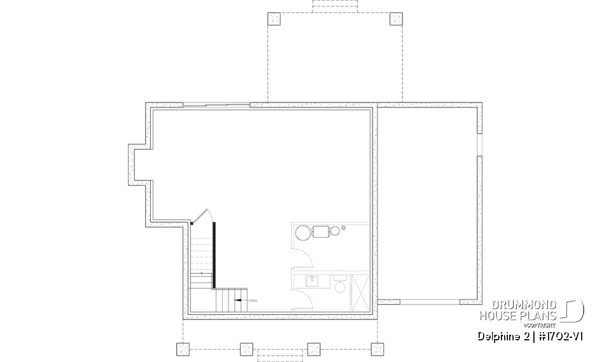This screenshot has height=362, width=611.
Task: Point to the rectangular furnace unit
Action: point(320,232)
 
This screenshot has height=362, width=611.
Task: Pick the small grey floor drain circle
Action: point(344,227)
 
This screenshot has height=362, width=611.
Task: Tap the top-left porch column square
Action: point(274,18)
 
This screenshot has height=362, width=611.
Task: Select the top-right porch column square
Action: point(396,18)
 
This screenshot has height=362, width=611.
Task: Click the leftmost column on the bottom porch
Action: point(183,349)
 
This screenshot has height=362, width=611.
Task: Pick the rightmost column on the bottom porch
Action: point(377,349)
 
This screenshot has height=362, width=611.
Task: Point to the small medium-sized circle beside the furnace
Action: point(334,232)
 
